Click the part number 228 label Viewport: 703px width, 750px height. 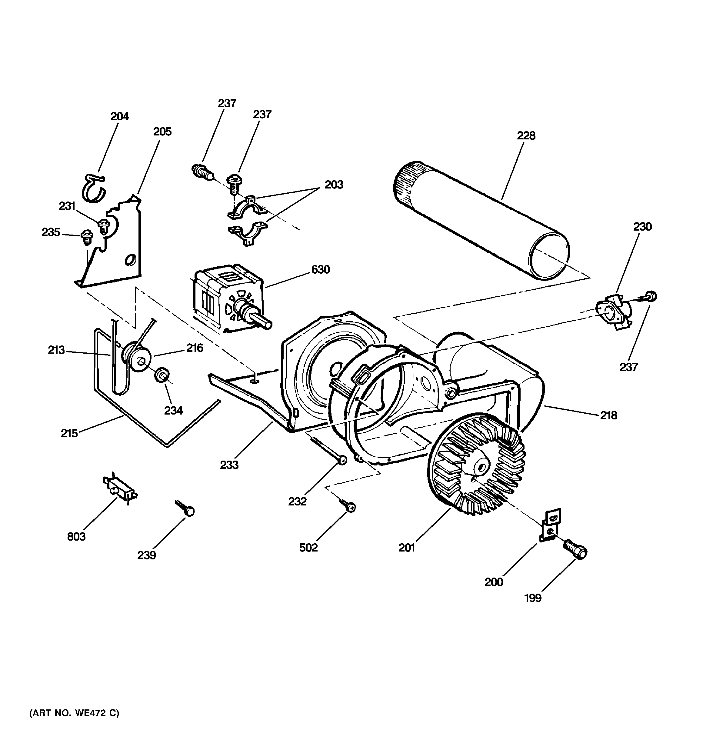click(x=526, y=136)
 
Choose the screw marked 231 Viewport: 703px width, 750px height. click(x=103, y=227)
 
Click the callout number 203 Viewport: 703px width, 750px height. click(x=334, y=185)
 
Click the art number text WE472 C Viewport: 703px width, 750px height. click(x=74, y=713)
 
